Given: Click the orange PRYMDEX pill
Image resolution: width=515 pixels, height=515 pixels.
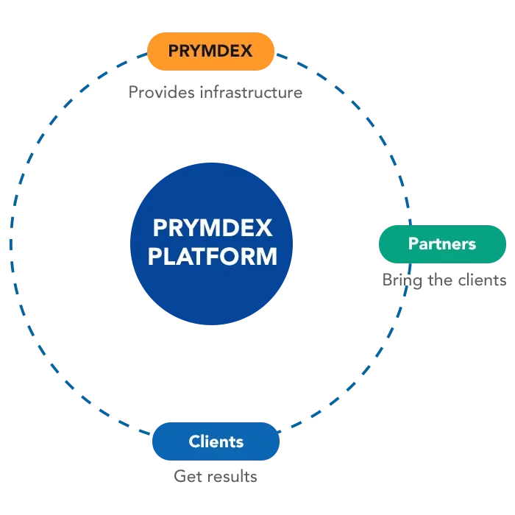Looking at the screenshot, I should pyautogui.click(x=211, y=51).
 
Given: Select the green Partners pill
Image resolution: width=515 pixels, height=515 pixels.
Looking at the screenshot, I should pyautogui.click(x=441, y=244).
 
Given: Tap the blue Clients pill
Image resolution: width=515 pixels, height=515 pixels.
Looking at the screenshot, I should pyautogui.click(x=216, y=441).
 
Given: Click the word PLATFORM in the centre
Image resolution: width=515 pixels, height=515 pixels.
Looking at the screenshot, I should pyautogui.click(x=213, y=257).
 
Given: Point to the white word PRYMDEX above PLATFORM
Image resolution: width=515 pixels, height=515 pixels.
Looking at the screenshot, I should pyautogui.click(x=213, y=228).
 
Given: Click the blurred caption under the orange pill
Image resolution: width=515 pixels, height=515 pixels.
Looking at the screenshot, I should pyautogui.click(x=217, y=93).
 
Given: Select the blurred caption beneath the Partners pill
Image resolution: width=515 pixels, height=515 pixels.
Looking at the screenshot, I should pyautogui.click(x=444, y=280).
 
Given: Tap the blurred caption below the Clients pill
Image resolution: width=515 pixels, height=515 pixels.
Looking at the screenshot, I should pyautogui.click(x=215, y=475).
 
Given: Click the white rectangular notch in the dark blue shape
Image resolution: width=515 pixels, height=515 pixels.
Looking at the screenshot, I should pyautogui.click(x=335, y=241).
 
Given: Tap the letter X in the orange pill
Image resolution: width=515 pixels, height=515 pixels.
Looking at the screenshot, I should pyautogui.click(x=246, y=51).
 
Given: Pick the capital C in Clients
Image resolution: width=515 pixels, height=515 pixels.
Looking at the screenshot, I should pyautogui.click(x=194, y=441).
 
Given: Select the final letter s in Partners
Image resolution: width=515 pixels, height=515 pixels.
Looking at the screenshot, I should pyautogui.click(x=472, y=244).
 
